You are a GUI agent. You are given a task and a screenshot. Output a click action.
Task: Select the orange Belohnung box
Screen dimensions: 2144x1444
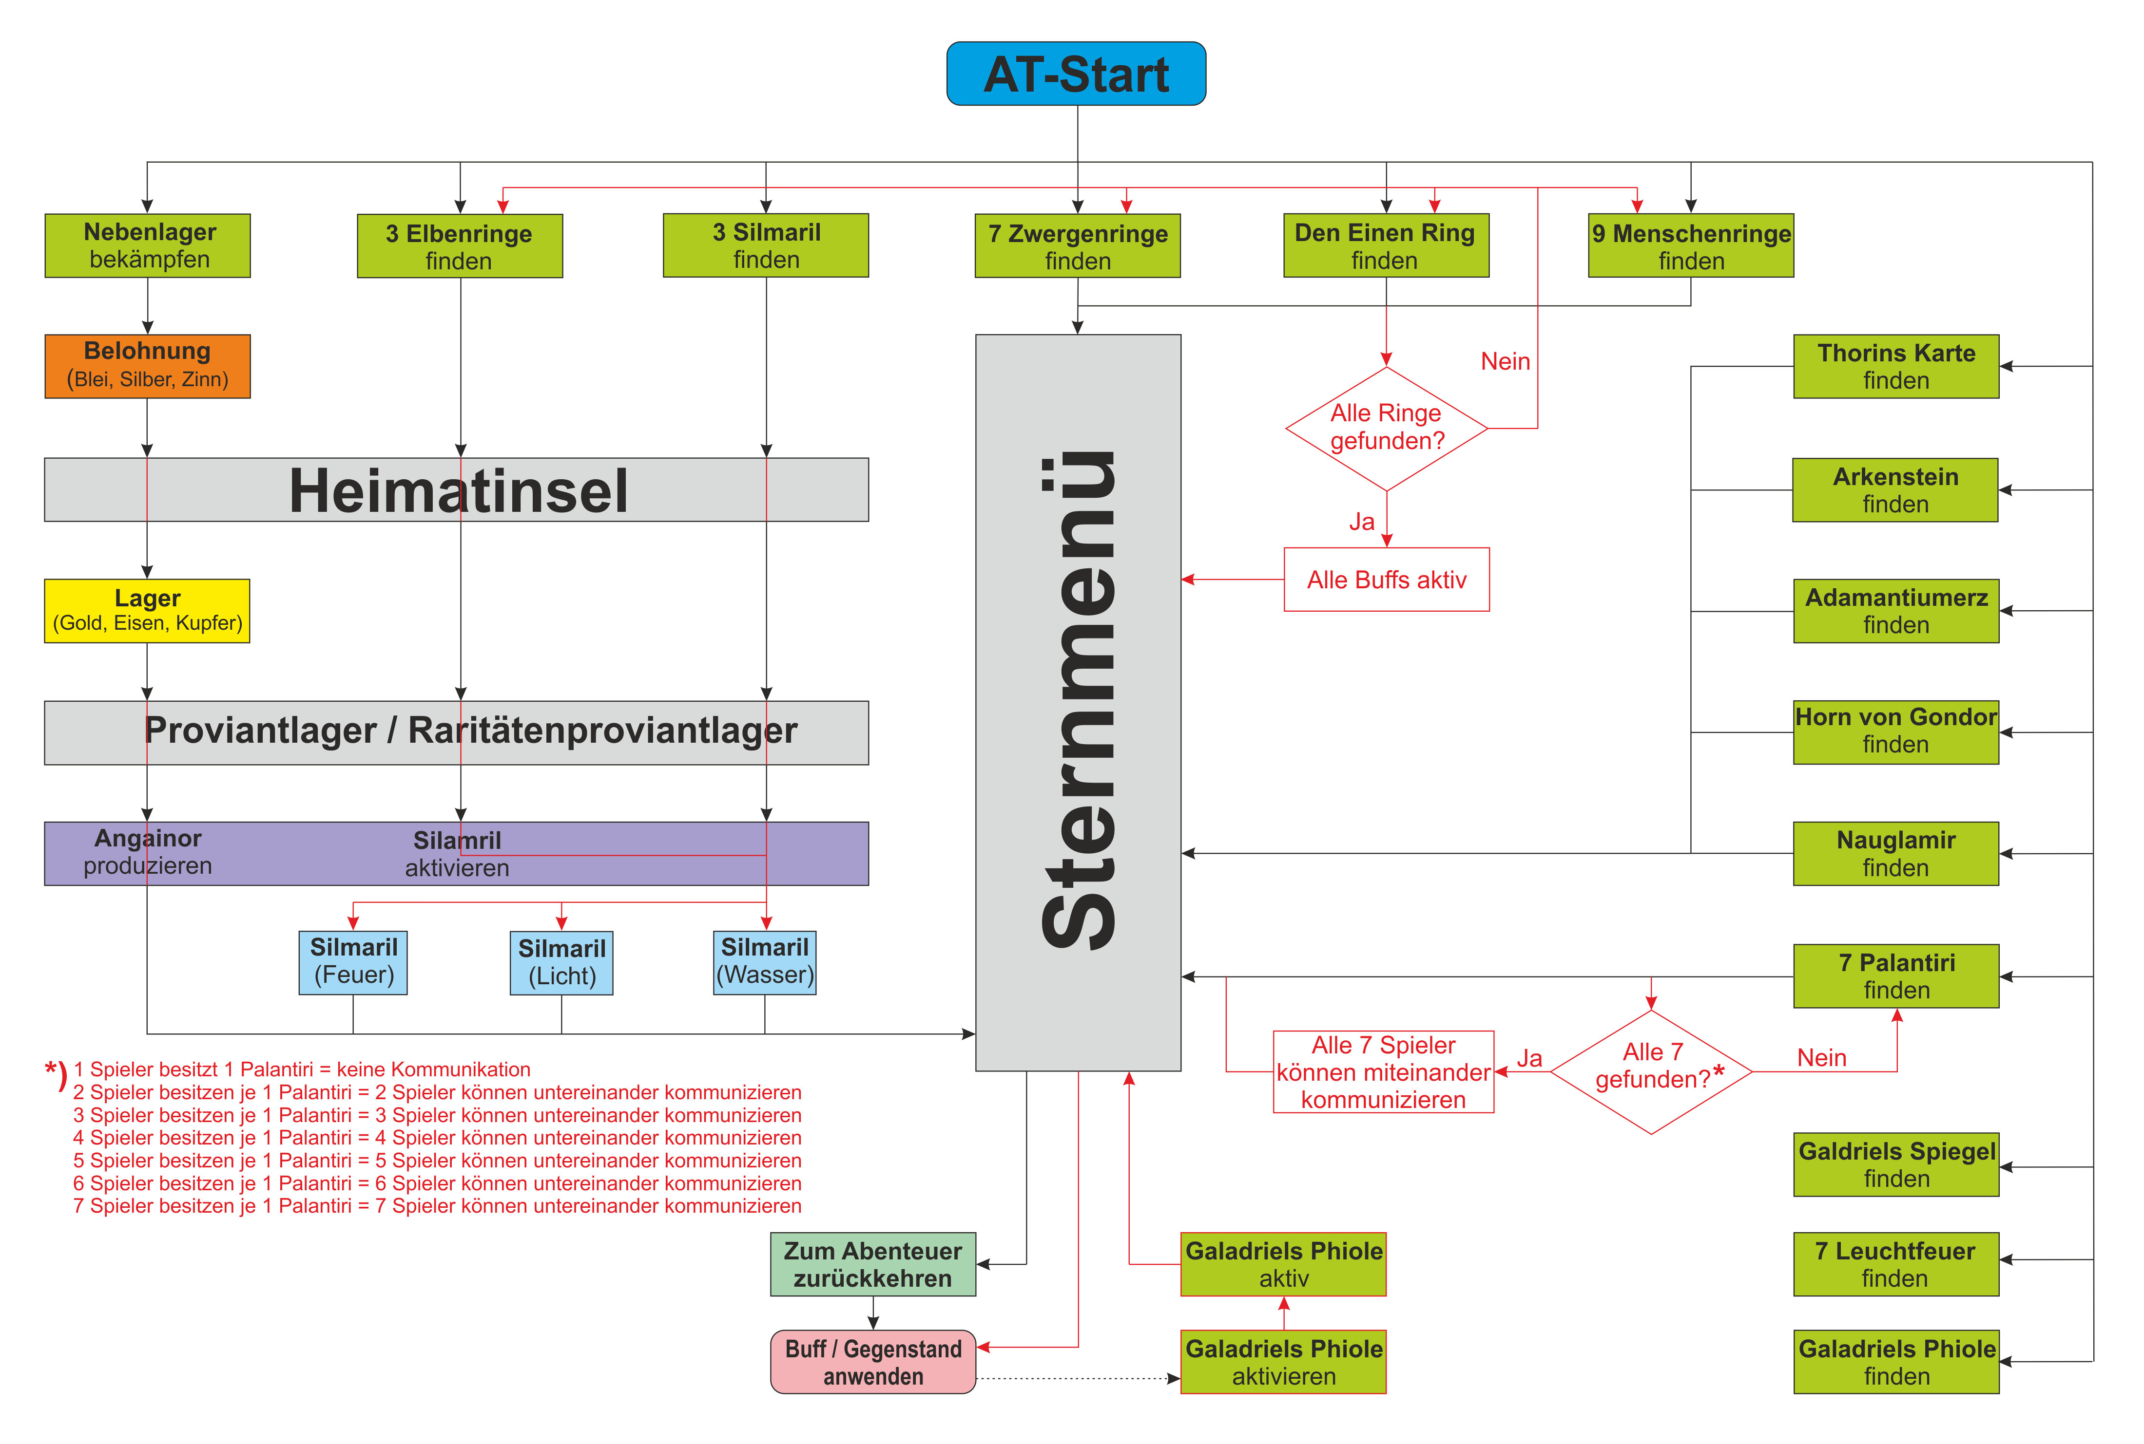(147, 366)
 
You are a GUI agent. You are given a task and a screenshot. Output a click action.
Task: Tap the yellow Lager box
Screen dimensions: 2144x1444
(147, 611)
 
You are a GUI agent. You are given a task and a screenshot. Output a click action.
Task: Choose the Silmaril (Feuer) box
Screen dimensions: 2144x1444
(353, 962)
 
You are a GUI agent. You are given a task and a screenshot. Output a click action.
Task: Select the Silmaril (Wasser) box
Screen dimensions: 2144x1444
(765, 962)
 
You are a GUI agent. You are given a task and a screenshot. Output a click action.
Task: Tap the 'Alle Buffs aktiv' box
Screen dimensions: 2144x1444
(1387, 579)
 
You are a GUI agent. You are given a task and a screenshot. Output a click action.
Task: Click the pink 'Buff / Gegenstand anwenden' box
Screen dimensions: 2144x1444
(872, 1362)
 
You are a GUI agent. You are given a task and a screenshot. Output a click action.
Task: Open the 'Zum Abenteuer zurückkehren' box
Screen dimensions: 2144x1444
(872, 1264)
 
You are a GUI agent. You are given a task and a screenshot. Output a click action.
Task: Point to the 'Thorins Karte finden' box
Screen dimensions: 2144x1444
(1896, 367)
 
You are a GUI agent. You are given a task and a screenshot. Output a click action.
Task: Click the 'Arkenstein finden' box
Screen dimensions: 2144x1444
(1895, 490)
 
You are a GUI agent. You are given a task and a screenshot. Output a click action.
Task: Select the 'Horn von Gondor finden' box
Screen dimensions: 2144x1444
(1896, 732)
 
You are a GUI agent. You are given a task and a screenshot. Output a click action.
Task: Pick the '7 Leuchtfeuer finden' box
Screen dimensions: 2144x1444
(1896, 1264)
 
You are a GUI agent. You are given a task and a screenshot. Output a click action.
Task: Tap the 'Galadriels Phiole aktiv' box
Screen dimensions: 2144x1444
(1283, 1264)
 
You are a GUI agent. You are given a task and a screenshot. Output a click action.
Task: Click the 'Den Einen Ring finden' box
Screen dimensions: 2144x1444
(1386, 246)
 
